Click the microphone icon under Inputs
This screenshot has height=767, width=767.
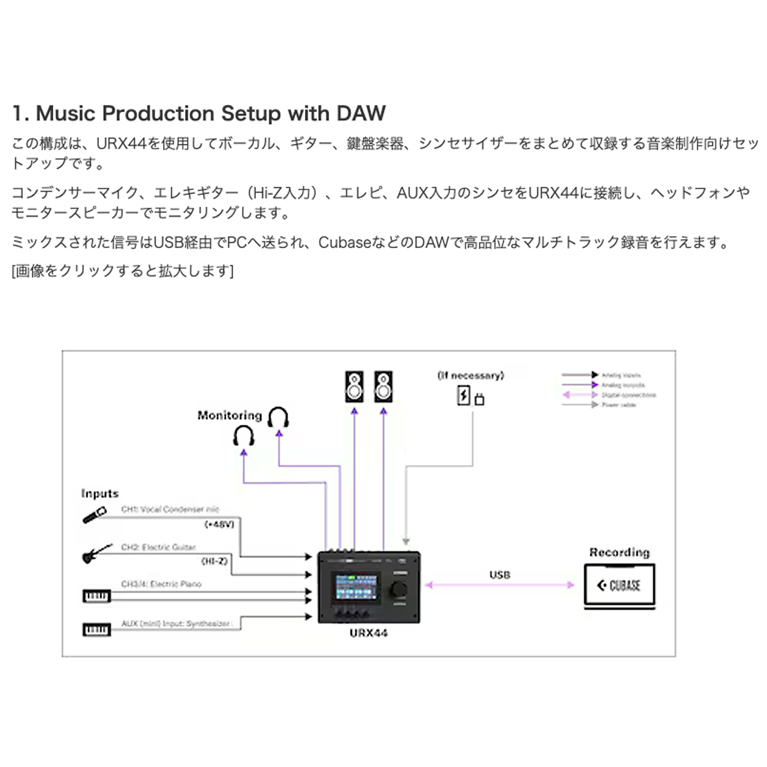click(94, 515)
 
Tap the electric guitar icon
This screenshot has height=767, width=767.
click(96, 554)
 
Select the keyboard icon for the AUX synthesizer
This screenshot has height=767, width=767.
click(96, 630)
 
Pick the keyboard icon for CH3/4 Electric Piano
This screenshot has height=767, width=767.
click(96, 596)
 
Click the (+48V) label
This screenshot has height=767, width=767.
click(219, 524)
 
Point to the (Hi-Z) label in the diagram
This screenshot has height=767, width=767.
click(215, 561)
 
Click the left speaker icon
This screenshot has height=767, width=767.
click(354, 387)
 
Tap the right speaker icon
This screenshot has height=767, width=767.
click(383, 387)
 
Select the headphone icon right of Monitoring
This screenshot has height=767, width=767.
click(279, 417)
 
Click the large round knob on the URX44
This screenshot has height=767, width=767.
click(400, 589)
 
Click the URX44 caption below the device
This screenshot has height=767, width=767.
click(369, 633)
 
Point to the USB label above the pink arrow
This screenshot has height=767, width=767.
click(500, 575)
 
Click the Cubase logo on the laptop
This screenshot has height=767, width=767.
click(619, 585)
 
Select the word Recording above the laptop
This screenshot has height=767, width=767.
click(619, 552)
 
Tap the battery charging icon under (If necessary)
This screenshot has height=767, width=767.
click(464, 396)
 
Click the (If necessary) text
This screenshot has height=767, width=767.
click(471, 376)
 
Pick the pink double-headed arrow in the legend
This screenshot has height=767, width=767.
click(580, 395)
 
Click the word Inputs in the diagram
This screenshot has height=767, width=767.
click(100, 494)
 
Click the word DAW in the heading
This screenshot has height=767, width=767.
click(361, 113)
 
